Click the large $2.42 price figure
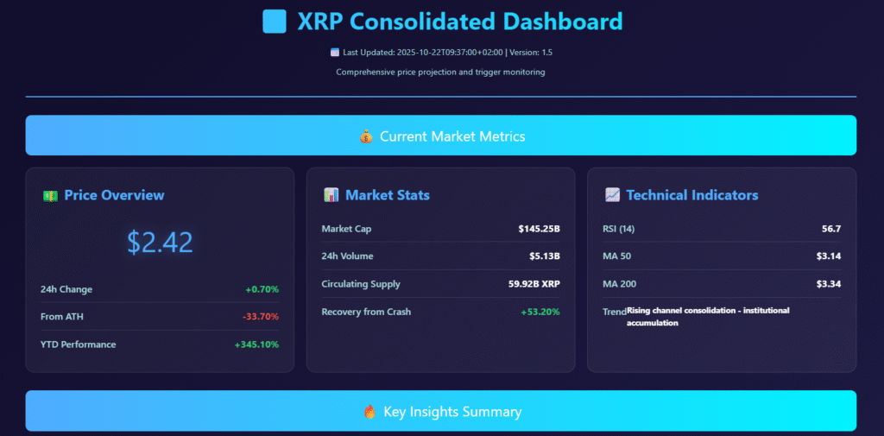point(160,243)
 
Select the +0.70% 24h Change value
point(262,289)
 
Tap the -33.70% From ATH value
point(260,317)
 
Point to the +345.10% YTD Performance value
point(256,344)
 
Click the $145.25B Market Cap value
point(539,229)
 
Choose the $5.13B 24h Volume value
point(545,256)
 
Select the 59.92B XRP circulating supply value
point(534,284)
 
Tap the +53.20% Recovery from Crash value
point(540,312)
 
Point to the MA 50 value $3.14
point(829,256)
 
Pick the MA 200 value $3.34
point(829,284)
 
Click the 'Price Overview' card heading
point(114,195)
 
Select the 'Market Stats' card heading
point(388,195)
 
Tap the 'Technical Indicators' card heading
point(691,195)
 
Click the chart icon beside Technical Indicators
point(612,195)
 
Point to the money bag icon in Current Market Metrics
point(366,136)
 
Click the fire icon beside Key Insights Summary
point(369,412)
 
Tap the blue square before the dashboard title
point(275,22)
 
